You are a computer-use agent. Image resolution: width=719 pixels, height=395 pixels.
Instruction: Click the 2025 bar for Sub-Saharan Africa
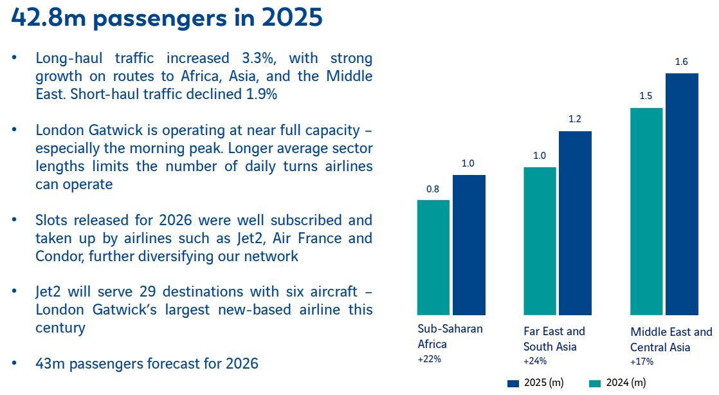tap(469, 245)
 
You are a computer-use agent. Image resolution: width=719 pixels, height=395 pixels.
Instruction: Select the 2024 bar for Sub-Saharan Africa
tap(433, 258)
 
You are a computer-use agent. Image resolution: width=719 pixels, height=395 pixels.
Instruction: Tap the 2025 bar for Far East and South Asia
tap(575, 223)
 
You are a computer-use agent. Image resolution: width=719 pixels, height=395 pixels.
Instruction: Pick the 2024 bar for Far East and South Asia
tap(540, 241)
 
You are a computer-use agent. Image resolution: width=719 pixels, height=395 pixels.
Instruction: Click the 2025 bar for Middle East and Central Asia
tap(682, 194)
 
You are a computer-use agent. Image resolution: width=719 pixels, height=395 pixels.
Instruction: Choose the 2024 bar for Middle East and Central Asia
tap(646, 212)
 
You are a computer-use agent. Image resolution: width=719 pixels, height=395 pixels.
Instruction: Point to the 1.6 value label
tap(682, 62)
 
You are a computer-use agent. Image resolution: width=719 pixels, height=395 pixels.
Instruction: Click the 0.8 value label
tap(433, 189)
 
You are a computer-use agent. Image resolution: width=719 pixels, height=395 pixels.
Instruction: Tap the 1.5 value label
tap(646, 96)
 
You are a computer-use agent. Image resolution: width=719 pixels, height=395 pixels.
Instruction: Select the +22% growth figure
tap(429, 359)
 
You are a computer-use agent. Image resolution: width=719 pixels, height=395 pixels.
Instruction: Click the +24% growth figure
tap(535, 361)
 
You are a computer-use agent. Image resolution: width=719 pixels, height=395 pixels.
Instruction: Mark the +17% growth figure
tap(642, 362)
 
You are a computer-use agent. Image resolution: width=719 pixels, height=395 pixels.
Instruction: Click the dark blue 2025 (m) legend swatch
tap(513, 383)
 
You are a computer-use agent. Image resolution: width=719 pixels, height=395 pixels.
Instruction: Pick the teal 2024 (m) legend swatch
tap(595, 383)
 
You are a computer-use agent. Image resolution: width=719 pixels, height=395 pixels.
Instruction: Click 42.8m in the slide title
tap(46, 18)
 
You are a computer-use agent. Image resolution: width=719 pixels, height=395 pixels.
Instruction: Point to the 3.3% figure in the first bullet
tap(259, 59)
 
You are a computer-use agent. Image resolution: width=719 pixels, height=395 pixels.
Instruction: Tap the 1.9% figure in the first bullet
tap(262, 94)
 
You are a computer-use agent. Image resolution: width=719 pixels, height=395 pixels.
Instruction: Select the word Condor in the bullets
tap(59, 256)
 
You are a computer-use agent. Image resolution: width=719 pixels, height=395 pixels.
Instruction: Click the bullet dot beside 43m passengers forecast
tap(14, 363)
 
